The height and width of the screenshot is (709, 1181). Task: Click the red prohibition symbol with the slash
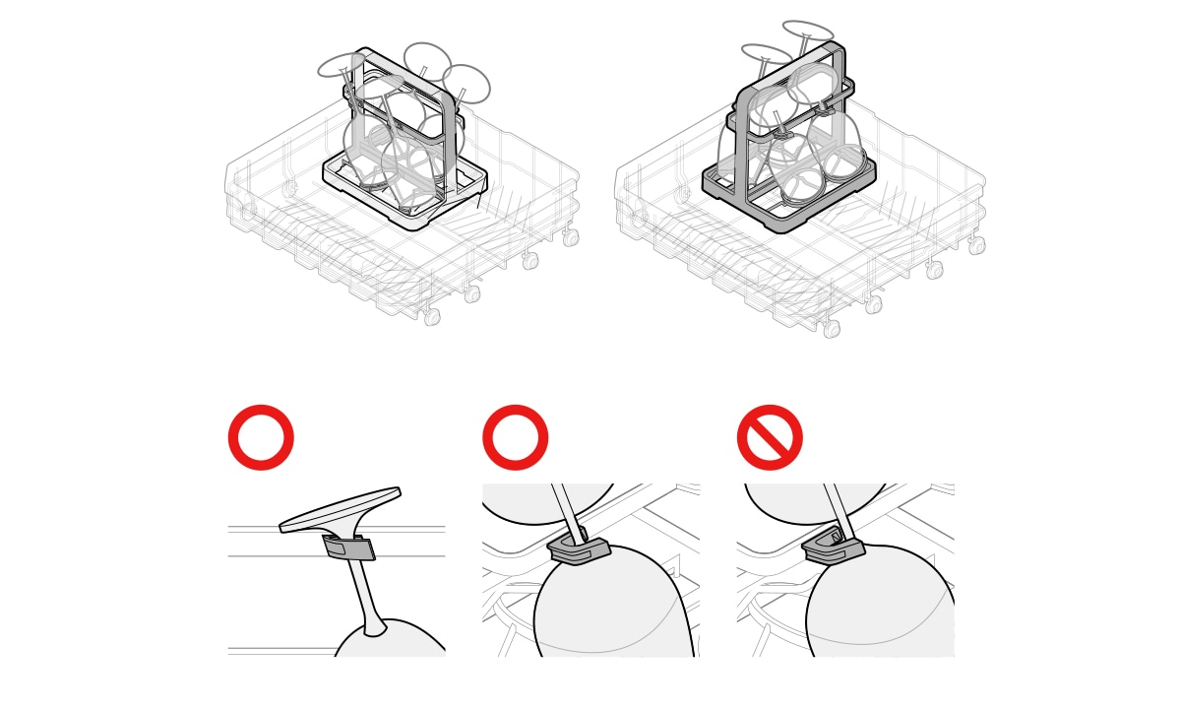[x=770, y=437]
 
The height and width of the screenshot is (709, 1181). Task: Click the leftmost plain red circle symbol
[x=261, y=437]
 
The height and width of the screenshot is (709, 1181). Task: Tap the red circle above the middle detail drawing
[x=515, y=437]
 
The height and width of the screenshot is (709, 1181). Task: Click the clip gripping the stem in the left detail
[x=349, y=548]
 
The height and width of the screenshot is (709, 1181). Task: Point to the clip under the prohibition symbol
[x=835, y=548]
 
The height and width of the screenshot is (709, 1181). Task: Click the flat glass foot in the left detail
[x=341, y=508]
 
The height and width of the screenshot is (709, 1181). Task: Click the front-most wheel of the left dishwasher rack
[x=432, y=316]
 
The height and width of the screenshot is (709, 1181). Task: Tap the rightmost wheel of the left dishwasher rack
[x=571, y=237]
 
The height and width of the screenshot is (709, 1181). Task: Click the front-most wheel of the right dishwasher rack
[x=832, y=329]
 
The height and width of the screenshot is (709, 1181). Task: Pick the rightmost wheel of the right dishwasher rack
[x=976, y=245]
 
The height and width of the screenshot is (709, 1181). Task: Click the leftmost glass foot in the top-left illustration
[x=342, y=66]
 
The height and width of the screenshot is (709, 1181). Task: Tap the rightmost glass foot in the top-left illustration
[x=466, y=83]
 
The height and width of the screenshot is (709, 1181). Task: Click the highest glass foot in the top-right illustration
[x=808, y=32]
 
